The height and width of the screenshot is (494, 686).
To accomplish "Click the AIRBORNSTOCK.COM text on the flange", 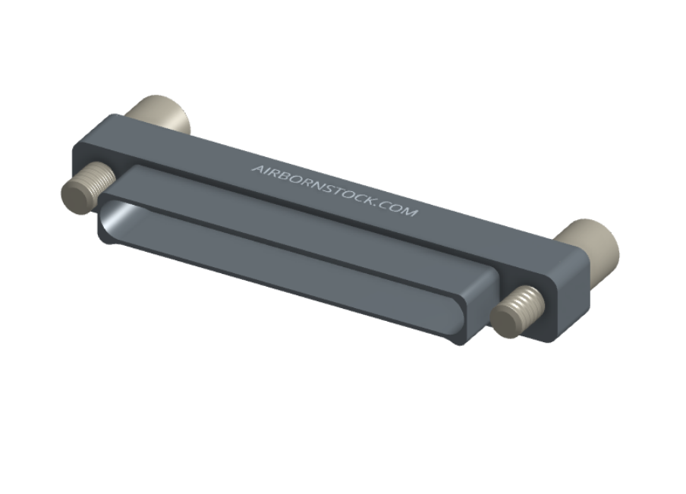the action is tap(335, 190).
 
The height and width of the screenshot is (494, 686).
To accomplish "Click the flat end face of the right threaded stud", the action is tap(505, 321).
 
